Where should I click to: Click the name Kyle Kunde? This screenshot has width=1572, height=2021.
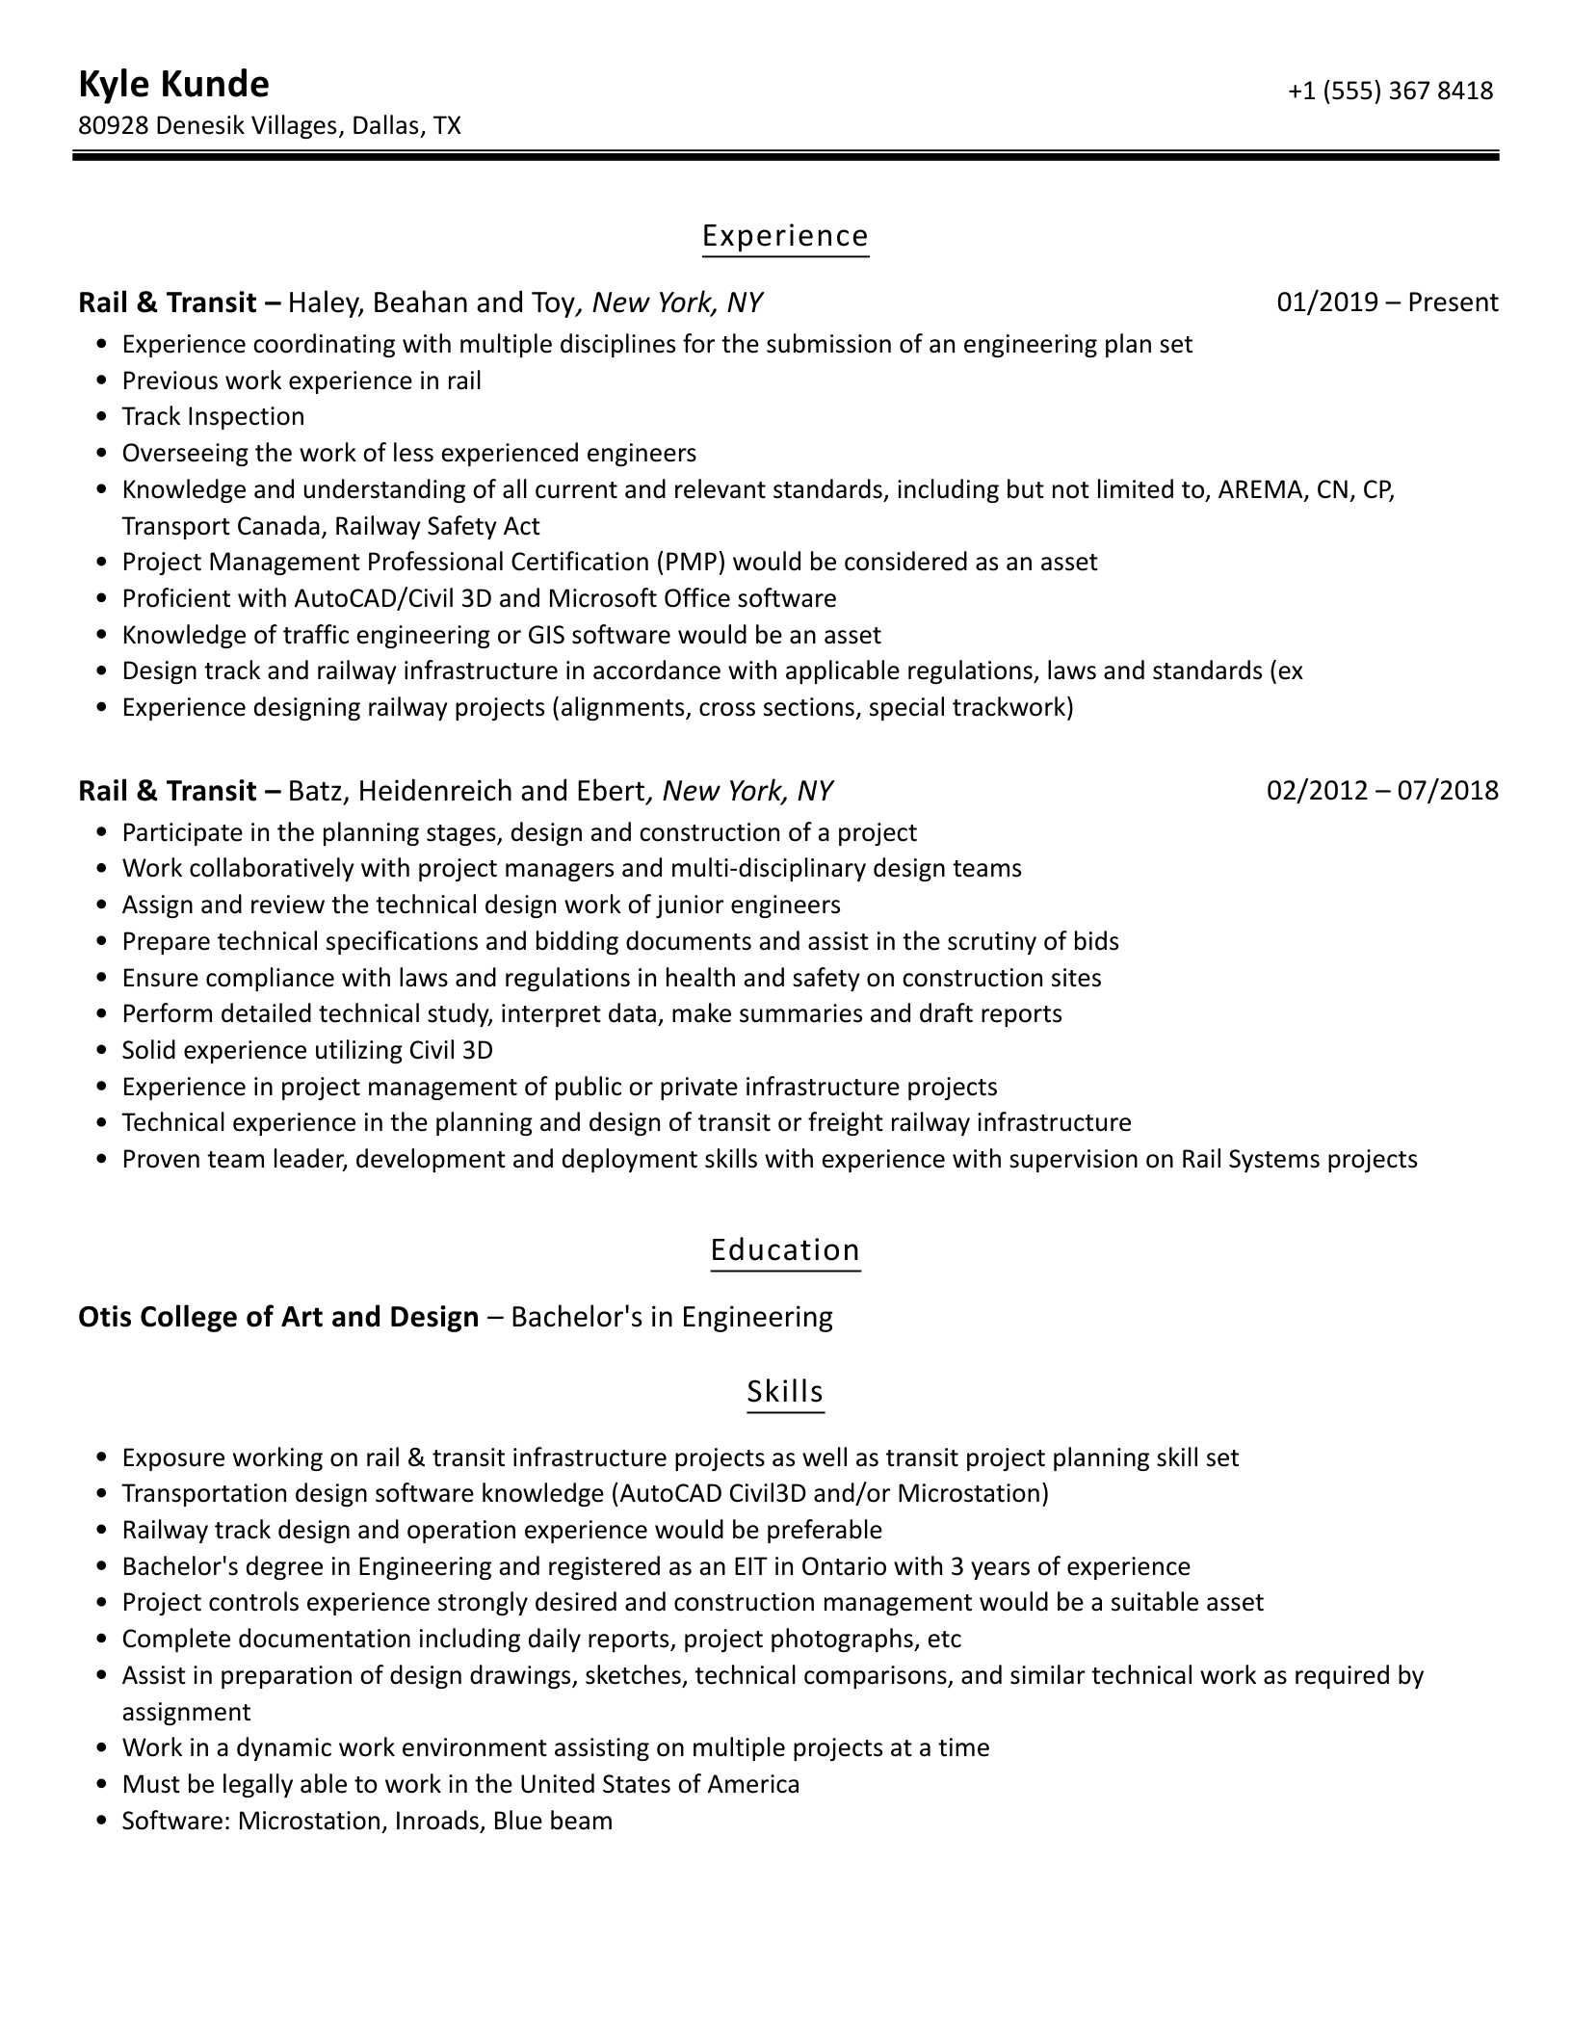pyautogui.click(x=173, y=85)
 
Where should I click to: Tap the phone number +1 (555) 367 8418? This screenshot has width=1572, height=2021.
pyautogui.click(x=1390, y=91)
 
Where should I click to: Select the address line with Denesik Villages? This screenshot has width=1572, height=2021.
pyautogui.click(x=270, y=125)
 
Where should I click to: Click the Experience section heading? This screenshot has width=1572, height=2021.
pyautogui.click(x=785, y=236)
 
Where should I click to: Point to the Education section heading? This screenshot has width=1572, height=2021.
pyautogui.click(x=785, y=1249)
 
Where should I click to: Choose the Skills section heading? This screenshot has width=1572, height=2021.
pyautogui.click(x=785, y=1391)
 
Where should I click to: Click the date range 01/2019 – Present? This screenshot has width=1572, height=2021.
pyautogui.click(x=1387, y=302)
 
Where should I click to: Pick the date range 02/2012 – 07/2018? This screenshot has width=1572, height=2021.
pyautogui.click(x=1382, y=791)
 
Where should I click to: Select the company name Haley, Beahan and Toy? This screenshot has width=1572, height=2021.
pyautogui.click(x=432, y=302)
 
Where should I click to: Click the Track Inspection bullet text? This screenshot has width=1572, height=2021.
pyautogui.click(x=213, y=416)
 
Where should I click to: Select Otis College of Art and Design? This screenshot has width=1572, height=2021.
pyautogui.click(x=278, y=1317)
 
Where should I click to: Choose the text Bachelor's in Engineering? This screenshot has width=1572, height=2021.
pyautogui.click(x=671, y=1317)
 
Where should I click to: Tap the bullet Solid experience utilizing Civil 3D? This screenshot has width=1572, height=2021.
pyautogui.click(x=307, y=1050)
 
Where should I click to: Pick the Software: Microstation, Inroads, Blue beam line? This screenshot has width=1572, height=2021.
pyautogui.click(x=367, y=1821)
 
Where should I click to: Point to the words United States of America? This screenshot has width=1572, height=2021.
pyautogui.click(x=660, y=1784)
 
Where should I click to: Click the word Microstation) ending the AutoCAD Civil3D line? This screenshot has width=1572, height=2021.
pyautogui.click(x=973, y=1493)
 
